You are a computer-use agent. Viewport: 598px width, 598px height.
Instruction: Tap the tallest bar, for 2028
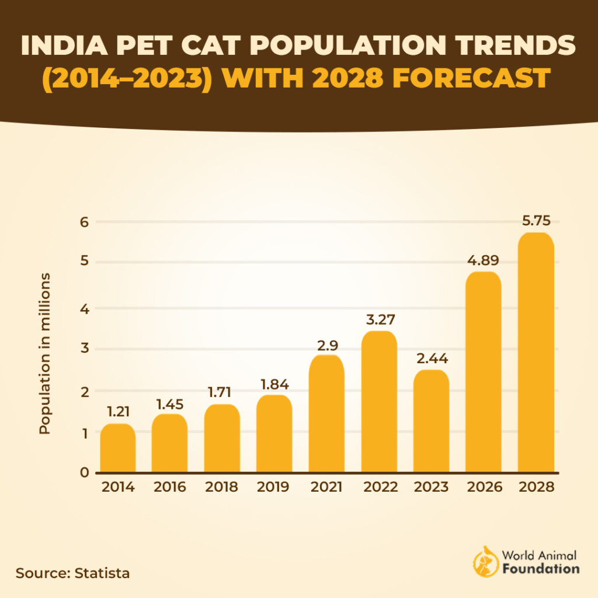coord(536,353)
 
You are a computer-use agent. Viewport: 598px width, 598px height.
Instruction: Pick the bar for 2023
coord(431,421)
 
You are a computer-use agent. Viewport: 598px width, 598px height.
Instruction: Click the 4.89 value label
coord(484,260)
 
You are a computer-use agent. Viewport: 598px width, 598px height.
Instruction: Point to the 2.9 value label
coord(326,345)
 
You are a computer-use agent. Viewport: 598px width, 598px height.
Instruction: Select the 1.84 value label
coord(274,385)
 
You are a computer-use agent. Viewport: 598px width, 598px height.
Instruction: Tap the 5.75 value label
coord(536,221)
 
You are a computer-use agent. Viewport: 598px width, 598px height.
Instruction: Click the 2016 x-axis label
coord(170,488)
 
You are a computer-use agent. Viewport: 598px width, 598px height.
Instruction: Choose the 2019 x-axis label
coord(274,488)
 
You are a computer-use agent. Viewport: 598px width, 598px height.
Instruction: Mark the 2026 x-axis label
coord(484,488)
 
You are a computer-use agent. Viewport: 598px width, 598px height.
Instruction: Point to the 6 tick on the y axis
coord(84,222)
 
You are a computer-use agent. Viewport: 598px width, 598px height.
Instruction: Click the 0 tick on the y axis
coord(84,473)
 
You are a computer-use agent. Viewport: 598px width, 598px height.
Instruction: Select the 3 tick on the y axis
coord(84,349)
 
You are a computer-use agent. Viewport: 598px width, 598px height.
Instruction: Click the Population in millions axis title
coord(45,353)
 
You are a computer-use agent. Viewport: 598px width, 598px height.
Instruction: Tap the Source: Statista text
coord(72,573)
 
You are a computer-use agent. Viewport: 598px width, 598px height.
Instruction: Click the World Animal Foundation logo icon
coord(484,561)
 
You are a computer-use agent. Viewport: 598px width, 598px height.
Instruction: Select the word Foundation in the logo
coord(541,568)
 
